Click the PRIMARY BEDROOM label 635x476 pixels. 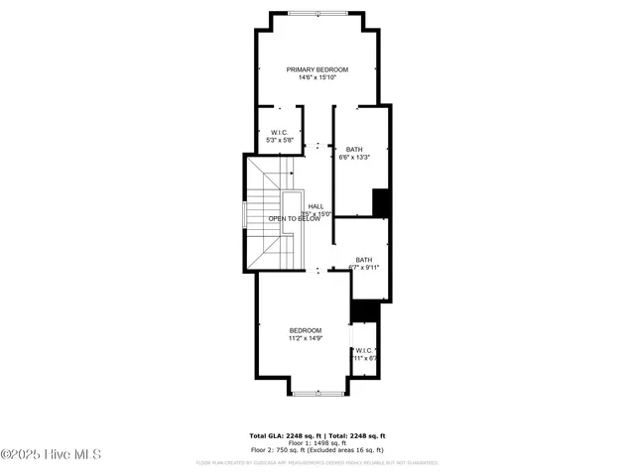(317, 69)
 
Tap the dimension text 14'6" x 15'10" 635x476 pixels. (317, 78)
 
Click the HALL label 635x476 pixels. (316, 206)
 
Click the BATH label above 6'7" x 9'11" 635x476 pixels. (364, 260)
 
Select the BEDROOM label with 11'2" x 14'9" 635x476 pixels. (305, 330)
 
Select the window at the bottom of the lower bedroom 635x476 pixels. (317, 394)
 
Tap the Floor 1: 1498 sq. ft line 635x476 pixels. (317, 442)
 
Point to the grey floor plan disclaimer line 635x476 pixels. (317, 462)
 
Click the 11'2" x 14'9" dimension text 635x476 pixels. (305, 339)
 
